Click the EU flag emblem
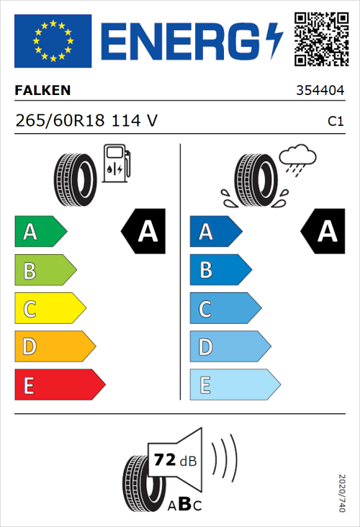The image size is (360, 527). pyautogui.click(x=53, y=41)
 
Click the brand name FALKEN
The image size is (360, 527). pyautogui.click(x=42, y=91)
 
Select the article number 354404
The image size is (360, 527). pyautogui.click(x=320, y=91)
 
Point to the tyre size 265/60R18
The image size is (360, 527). pyautogui.click(x=60, y=121)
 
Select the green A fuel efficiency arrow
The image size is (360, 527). pyautogui.click(x=40, y=232)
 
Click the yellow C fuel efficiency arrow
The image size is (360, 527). pyautogui.click(x=49, y=309)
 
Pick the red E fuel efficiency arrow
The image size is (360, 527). pyautogui.click(x=59, y=385)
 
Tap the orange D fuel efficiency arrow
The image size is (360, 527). pyautogui.click(x=54, y=347)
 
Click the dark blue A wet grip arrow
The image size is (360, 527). pyautogui.click(x=215, y=232)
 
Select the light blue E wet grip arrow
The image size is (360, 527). pyautogui.click(x=234, y=385)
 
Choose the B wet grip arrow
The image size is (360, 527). pyautogui.click(x=220, y=271)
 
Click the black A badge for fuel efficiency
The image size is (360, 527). pyautogui.click(x=144, y=232)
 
